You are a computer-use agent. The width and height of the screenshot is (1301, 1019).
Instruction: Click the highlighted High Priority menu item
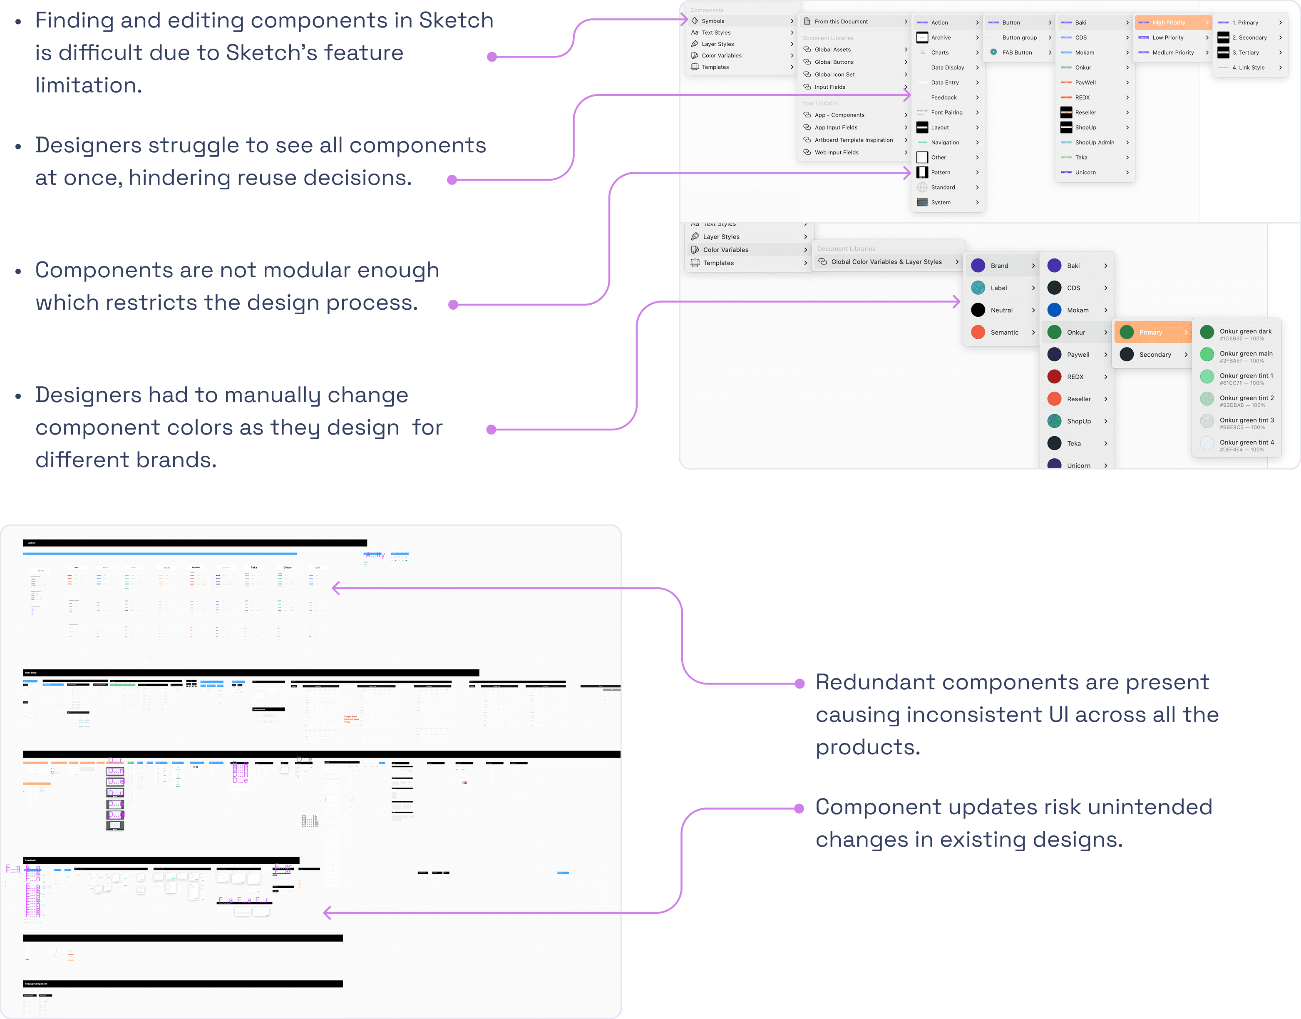(1169, 22)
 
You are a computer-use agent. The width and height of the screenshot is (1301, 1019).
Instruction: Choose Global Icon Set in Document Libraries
(834, 75)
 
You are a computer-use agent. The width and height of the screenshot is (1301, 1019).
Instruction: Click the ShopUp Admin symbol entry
(1094, 143)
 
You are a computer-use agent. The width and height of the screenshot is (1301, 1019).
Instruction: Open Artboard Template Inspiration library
(854, 140)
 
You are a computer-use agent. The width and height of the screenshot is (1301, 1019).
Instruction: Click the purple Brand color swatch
(978, 266)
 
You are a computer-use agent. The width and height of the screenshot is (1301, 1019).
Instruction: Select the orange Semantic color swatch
(978, 332)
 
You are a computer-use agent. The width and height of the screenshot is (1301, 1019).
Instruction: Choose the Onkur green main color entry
(1246, 354)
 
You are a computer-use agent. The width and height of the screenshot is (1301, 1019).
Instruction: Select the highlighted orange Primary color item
(1151, 332)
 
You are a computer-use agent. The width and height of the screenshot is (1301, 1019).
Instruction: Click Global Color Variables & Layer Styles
(886, 262)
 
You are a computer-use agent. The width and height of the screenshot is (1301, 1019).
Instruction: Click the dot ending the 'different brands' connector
(492, 430)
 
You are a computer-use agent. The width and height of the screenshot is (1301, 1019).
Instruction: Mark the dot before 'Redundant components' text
(800, 684)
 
